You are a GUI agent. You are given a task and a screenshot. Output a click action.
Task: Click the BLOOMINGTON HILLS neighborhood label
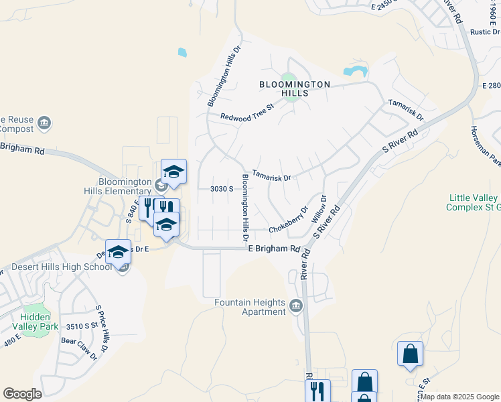(x=295, y=88)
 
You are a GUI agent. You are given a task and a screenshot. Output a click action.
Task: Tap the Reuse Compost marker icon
(x=45, y=123)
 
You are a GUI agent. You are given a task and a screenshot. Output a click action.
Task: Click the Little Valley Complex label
(x=474, y=202)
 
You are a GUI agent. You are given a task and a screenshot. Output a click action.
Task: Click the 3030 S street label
(x=222, y=189)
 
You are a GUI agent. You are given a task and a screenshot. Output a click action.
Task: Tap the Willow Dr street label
(x=318, y=209)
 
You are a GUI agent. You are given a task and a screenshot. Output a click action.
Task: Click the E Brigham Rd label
(x=274, y=249)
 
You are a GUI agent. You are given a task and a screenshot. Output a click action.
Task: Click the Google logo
(x=23, y=393)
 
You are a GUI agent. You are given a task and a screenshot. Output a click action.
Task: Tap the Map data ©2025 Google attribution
(x=459, y=397)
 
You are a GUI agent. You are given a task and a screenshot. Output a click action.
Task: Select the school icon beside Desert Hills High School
(x=119, y=253)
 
